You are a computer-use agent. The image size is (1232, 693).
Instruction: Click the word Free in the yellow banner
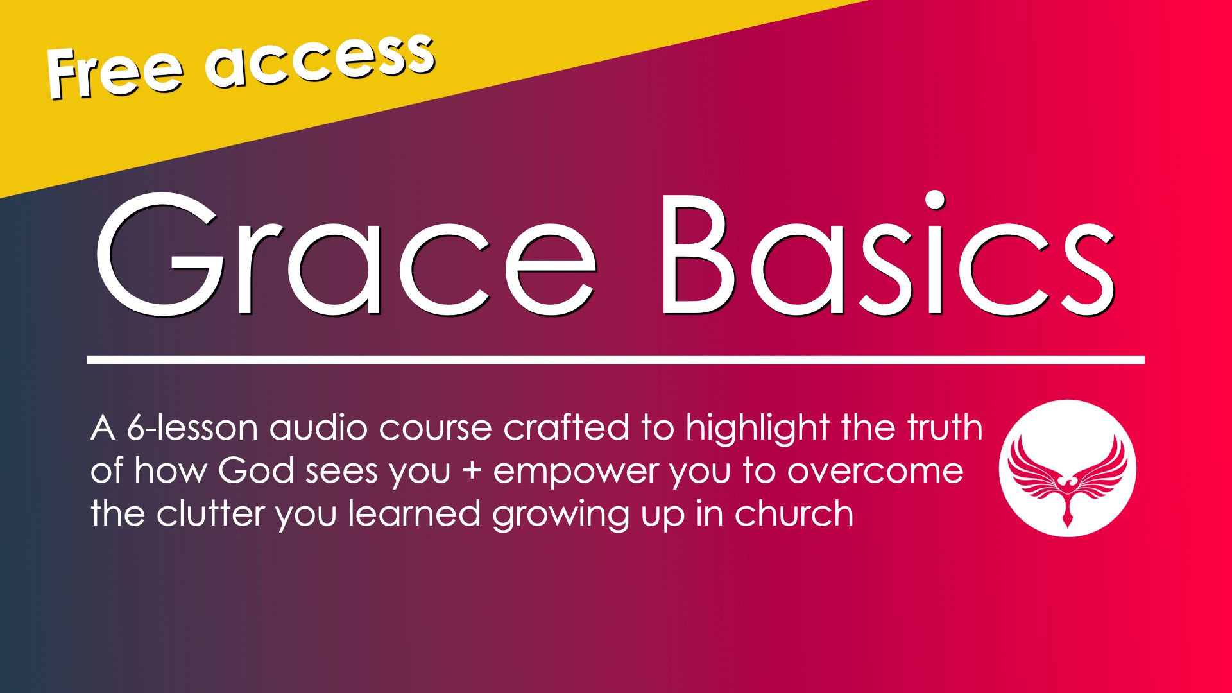[115, 72]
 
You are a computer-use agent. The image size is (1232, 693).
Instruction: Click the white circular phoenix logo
[1067, 468]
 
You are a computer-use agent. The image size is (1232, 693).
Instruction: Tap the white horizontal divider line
[616, 360]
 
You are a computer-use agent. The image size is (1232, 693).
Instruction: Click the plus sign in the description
[472, 472]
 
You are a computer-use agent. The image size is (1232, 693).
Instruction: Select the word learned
[415, 513]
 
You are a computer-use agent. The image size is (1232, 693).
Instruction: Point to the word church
[794, 513]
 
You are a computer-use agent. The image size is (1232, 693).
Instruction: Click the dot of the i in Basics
[936, 200]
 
